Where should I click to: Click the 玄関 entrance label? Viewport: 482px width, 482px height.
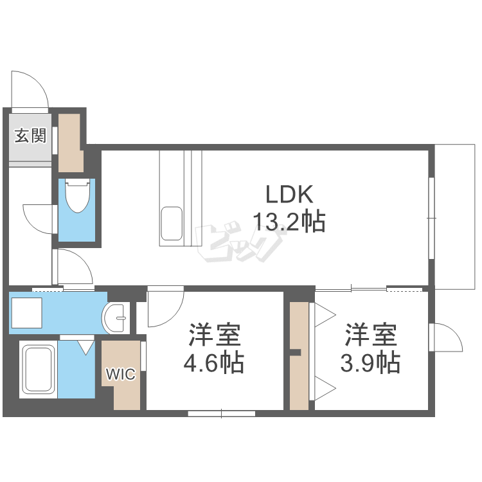(30, 136)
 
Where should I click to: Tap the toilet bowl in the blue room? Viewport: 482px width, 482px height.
(78, 196)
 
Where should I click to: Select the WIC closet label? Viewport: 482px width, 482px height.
(121, 374)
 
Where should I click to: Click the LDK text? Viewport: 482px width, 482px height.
(289, 194)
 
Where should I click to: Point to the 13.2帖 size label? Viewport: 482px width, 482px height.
(289, 221)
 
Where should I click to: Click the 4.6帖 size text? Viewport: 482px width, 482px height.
(213, 362)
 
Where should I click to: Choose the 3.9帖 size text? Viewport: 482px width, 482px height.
(370, 362)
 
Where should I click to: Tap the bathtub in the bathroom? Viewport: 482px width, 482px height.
(38, 369)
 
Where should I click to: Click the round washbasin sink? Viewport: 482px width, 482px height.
(115, 318)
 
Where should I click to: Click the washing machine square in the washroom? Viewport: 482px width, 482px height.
(26, 312)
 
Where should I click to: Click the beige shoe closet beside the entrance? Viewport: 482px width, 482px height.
(71, 143)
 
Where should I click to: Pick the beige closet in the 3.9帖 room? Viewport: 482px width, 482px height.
(299, 355)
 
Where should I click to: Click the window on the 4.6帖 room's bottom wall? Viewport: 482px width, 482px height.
(222, 414)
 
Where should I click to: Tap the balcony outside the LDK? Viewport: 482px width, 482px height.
(455, 217)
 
